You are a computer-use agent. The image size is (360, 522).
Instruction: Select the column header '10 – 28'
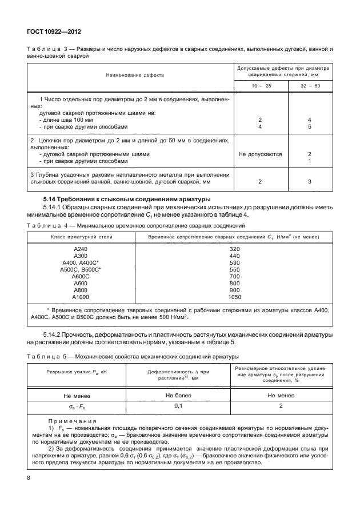pyautogui.click(x=260, y=85)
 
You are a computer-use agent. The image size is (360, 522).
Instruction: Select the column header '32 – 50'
pyautogui.click(x=309, y=85)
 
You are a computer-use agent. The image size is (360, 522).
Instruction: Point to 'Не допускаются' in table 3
pyautogui.click(x=260, y=154)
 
